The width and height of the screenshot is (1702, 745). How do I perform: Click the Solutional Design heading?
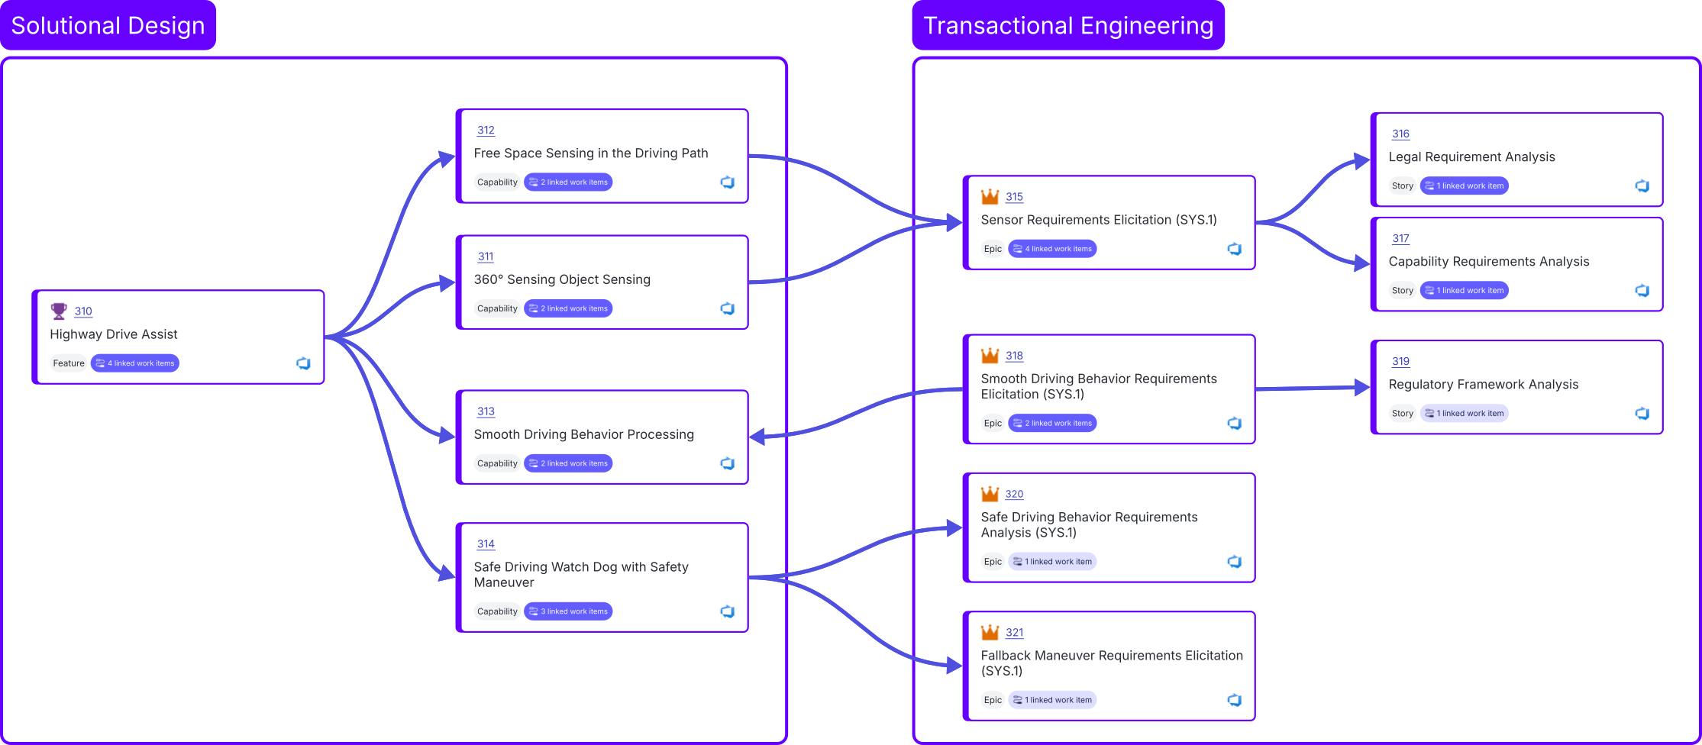click(108, 26)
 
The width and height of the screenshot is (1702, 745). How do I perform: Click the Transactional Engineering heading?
click(1068, 26)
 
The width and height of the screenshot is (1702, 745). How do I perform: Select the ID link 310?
click(83, 311)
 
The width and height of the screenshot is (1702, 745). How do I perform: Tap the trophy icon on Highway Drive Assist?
click(59, 311)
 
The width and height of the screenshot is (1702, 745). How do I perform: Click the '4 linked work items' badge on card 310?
click(135, 363)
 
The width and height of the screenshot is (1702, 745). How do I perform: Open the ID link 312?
click(486, 131)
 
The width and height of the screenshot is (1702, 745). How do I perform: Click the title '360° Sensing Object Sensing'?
click(562, 279)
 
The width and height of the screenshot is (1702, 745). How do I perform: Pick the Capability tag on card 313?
click(497, 463)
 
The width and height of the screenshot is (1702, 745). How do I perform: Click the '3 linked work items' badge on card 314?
click(568, 611)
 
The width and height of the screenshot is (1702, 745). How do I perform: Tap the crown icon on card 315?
click(990, 196)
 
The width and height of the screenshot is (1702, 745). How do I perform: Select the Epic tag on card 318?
click(993, 423)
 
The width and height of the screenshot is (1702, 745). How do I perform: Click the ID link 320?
click(1014, 495)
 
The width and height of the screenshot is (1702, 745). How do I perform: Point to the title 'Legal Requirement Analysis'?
click(1471, 156)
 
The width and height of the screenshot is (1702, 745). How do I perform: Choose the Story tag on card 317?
click(1402, 291)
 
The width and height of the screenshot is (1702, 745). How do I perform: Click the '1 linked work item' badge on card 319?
click(1464, 414)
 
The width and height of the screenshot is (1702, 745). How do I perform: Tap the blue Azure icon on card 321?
click(1234, 700)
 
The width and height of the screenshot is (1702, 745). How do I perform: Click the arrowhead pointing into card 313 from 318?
click(757, 437)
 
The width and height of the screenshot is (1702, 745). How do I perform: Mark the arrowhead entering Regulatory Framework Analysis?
click(1361, 387)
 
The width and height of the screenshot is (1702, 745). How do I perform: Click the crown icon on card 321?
click(990, 632)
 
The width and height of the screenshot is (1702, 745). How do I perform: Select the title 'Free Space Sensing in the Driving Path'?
click(591, 153)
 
